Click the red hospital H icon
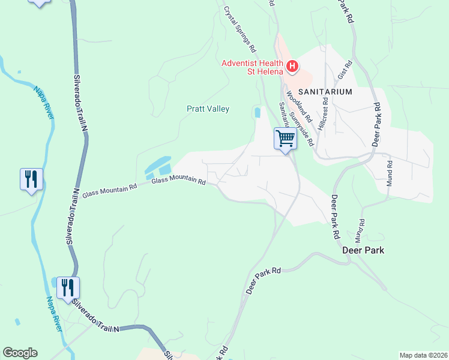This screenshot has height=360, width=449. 292,66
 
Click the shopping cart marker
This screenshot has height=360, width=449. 285,139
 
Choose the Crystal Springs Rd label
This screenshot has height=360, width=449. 240,28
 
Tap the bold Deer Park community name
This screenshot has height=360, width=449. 363,250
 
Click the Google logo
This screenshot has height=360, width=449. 20,353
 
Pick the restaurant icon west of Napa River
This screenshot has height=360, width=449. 31,179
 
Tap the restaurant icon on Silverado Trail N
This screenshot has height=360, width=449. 67,287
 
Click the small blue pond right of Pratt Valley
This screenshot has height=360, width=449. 258,112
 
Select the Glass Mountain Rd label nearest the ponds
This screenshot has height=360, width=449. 178,179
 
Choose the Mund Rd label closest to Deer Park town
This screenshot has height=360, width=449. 361,228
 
